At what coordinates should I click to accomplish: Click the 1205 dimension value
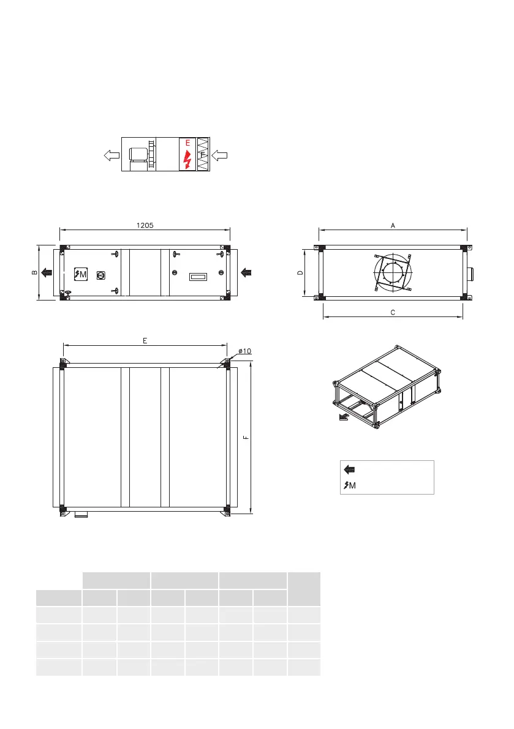tap(145, 225)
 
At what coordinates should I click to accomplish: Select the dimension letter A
tap(393, 225)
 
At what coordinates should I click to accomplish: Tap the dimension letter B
tap(34, 272)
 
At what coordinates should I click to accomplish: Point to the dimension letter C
tap(393, 312)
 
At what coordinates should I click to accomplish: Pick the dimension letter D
tap(300, 272)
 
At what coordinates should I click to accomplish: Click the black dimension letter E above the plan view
tap(145, 341)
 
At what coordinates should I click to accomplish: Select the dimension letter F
tap(246, 438)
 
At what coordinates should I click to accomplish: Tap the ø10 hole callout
tap(244, 351)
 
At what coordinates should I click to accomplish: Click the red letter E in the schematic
tap(188, 143)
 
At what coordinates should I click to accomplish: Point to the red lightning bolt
tap(187, 159)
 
